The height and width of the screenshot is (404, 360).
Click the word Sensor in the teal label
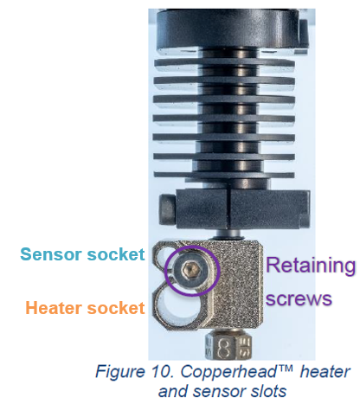click(x=51, y=254)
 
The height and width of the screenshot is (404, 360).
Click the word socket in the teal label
click(x=116, y=254)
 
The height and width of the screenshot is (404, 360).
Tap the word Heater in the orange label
click(x=54, y=308)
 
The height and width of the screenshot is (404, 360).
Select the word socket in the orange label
click(x=116, y=308)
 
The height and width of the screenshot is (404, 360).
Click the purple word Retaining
click(x=311, y=266)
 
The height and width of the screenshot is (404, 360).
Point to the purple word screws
click(x=299, y=298)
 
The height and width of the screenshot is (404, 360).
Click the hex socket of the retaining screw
click(x=190, y=269)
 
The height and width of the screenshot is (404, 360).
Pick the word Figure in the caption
click(x=120, y=371)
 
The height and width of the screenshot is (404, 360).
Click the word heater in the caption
click(x=325, y=371)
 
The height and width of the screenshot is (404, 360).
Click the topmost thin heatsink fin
click(x=224, y=62)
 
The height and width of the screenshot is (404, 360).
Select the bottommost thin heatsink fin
click(x=224, y=175)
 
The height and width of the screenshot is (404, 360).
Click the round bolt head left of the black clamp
click(x=167, y=209)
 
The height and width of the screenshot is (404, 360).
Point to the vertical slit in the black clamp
click(x=229, y=208)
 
